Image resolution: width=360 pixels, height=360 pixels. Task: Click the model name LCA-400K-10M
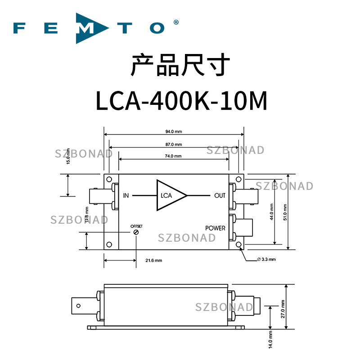click(x=181, y=101)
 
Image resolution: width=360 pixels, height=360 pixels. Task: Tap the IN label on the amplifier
click(x=126, y=196)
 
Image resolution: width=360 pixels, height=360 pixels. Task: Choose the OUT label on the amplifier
click(x=220, y=196)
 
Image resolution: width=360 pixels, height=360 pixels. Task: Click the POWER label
click(x=215, y=228)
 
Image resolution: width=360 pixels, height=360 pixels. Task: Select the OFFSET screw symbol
click(x=135, y=231)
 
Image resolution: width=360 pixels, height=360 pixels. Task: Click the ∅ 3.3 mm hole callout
click(x=266, y=260)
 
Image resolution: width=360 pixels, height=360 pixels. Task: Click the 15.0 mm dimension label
click(x=68, y=155)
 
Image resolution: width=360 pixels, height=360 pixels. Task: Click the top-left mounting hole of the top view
click(x=109, y=179)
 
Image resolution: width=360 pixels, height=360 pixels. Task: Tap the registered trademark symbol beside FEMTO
click(x=176, y=22)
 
